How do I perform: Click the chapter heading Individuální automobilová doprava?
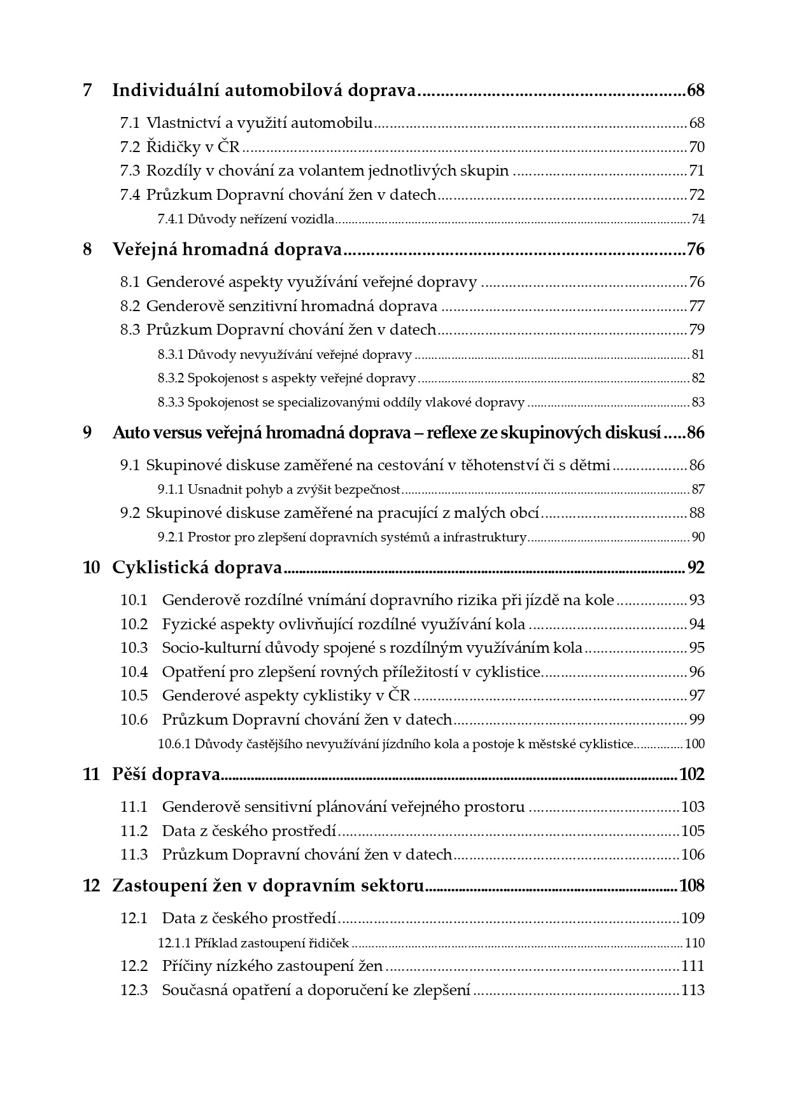[264, 90]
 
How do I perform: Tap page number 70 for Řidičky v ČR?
[696, 147]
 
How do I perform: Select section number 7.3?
[130, 171]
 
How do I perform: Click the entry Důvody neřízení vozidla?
[261, 220]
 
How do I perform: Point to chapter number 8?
[87, 249]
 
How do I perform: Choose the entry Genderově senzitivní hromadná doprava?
[292, 306]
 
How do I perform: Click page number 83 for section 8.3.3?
[698, 402]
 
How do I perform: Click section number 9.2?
[130, 513]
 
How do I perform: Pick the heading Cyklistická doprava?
[197, 568]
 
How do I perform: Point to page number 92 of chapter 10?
[696, 568]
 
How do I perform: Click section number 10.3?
[134, 648]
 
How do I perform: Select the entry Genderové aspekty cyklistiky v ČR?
[286, 695]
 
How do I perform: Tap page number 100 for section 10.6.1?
[695, 744]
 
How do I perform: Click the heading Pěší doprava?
[166, 774]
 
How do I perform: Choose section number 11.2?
[134, 830]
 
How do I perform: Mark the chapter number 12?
[91, 886]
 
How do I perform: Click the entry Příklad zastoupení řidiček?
[271, 943]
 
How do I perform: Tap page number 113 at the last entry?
[693, 990]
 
